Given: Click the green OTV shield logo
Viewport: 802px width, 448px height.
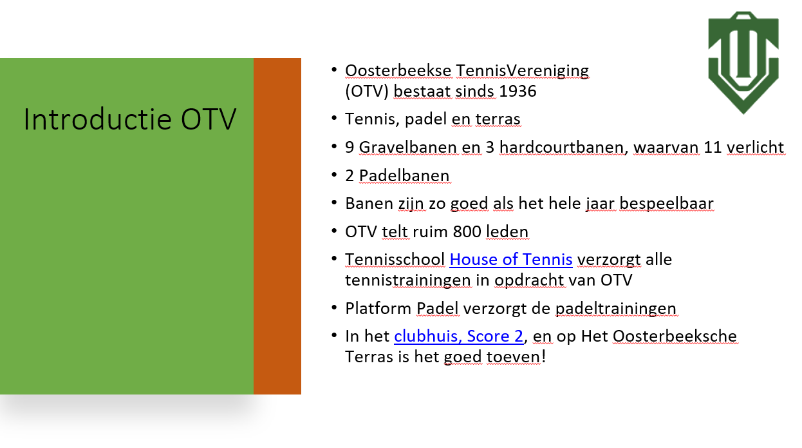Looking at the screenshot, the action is (743, 63).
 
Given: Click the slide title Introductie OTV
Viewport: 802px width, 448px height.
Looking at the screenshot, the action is (130, 119).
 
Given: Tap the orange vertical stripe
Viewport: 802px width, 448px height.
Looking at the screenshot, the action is (277, 226).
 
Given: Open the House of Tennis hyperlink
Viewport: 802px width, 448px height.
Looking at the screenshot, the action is (511, 259).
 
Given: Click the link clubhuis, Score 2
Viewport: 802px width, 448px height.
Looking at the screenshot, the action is (459, 336).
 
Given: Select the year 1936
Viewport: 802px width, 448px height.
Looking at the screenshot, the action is (518, 91).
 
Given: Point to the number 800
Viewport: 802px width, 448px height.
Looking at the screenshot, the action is (467, 231).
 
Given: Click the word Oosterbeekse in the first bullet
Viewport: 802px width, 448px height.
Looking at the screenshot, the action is (398, 71).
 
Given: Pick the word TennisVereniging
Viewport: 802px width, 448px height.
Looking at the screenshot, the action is (523, 72).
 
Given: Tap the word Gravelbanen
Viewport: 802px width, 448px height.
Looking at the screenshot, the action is (409, 148).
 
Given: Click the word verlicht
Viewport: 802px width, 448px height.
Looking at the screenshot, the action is (756, 148).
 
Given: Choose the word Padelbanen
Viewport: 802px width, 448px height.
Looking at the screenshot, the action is (404, 176).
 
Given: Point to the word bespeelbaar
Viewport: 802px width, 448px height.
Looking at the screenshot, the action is (666, 204).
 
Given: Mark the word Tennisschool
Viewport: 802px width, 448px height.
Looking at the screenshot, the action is (395, 260).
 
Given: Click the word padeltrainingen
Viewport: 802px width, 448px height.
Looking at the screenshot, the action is (616, 309).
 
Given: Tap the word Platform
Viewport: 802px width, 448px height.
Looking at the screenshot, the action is (378, 309).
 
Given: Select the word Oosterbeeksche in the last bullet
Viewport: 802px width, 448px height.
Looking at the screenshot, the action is (675, 336).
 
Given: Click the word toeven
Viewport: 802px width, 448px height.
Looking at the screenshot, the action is (513, 357).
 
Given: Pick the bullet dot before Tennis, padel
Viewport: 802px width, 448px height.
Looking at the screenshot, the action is (334, 118).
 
